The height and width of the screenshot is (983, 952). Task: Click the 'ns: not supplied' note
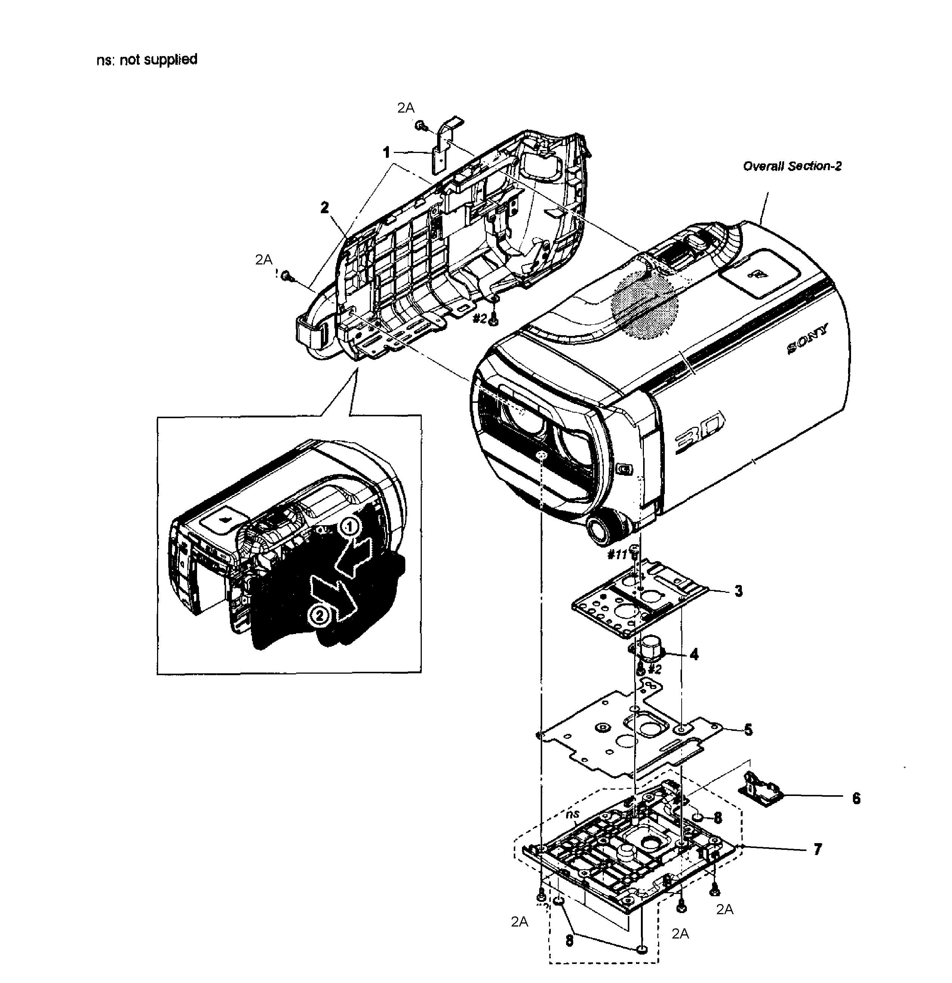(x=147, y=60)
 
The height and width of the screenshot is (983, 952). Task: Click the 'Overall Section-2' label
(x=792, y=166)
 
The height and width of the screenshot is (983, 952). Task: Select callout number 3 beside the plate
(x=738, y=591)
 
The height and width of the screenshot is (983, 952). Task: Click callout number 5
(x=748, y=729)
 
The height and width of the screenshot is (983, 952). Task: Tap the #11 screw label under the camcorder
(x=617, y=555)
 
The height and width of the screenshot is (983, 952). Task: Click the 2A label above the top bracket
(x=406, y=107)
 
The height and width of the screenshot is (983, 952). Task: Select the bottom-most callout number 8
(x=569, y=940)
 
